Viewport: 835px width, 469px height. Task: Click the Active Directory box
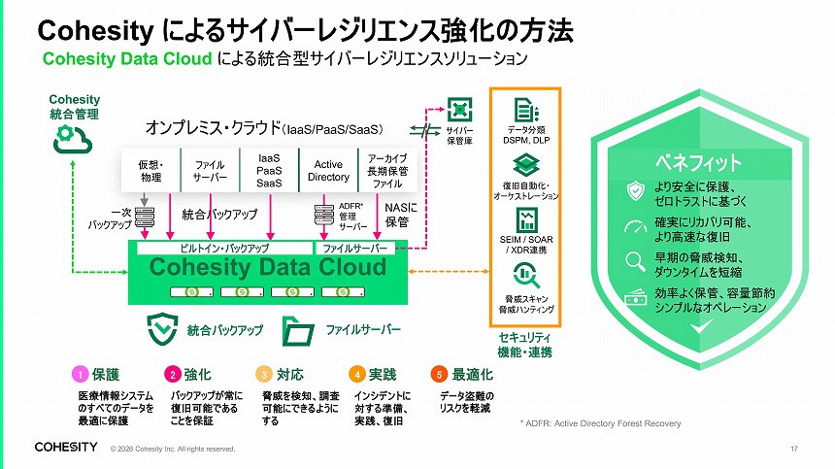(328, 171)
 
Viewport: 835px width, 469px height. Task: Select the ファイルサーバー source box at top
(210, 172)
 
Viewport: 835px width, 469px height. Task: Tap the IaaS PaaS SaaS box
(269, 171)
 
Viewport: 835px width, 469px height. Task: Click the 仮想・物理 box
(150, 172)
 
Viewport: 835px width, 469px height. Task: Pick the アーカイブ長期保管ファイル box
(387, 171)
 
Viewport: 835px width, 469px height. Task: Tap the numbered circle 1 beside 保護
(82, 374)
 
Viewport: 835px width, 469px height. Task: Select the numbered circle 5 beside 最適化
(440, 374)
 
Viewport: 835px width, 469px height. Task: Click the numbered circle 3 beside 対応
(262, 374)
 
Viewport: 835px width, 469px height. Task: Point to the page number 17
(794, 449)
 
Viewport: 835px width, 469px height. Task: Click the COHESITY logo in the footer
(66, 448)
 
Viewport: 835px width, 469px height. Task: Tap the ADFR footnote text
(600, 424)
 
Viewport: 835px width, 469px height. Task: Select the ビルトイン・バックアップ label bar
(224, 249)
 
